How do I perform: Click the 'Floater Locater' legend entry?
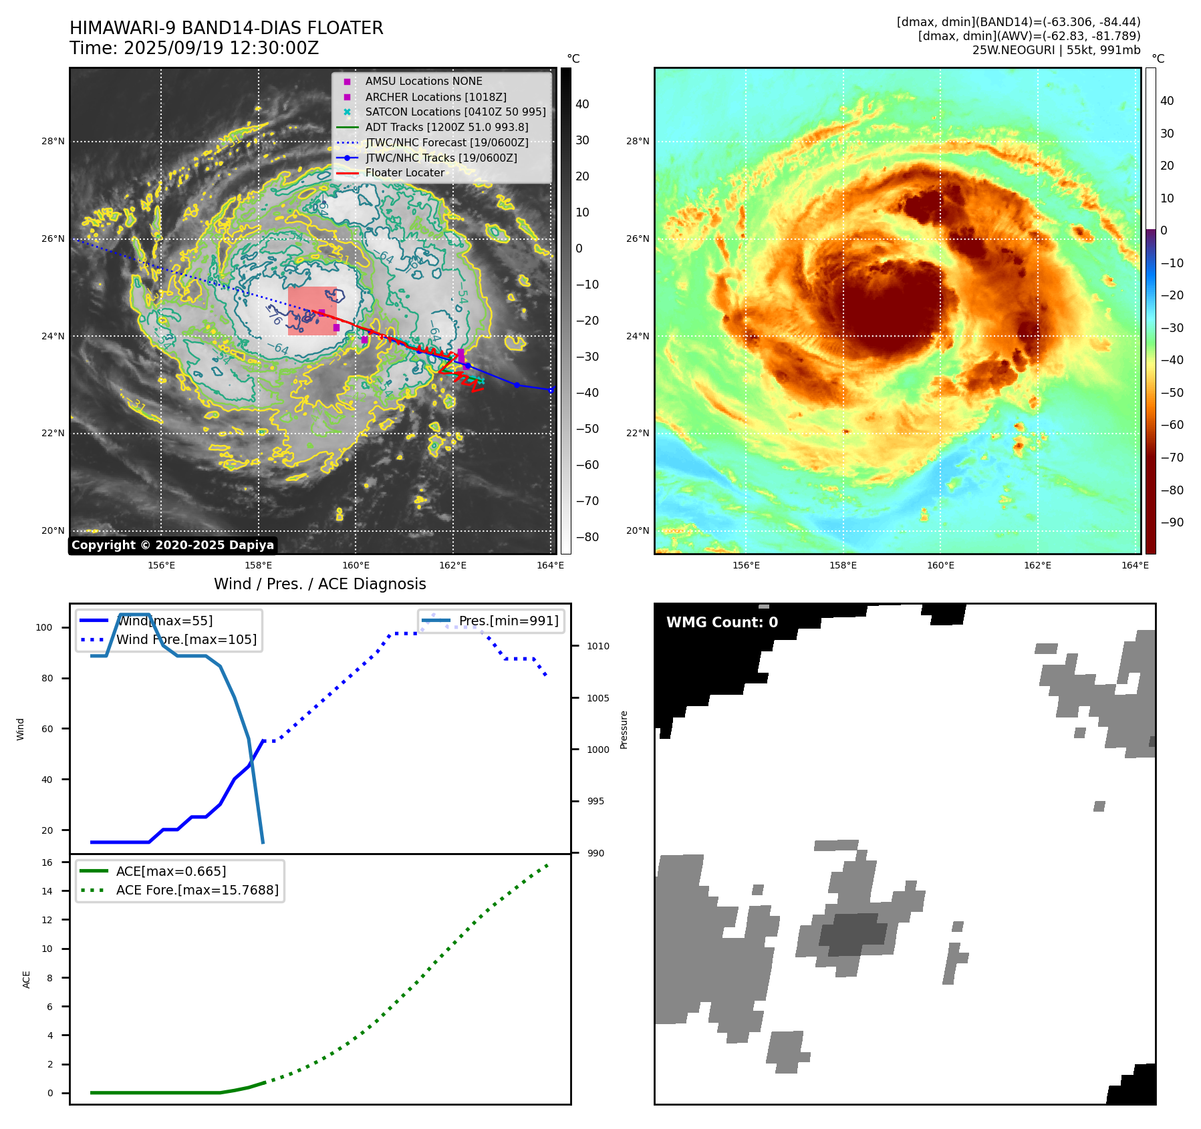tap(404, 173)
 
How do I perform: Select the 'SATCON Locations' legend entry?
tap(455, 112)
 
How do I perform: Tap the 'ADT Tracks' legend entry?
tap(446, 127)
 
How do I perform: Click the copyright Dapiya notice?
tap(172, 545)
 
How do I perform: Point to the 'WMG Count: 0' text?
tap(722, 623)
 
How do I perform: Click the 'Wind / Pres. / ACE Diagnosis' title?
tap(319, 584)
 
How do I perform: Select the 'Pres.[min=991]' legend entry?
tap(508, 621)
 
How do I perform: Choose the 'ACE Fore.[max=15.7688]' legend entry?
tap(197, 890)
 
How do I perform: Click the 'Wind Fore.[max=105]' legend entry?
tap(186, 639)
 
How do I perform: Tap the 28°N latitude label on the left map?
tap(53, 141)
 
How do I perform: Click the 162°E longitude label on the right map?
tap(1037, 566)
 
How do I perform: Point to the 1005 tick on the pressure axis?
tap(597, 698)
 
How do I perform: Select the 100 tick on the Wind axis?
tap(44, 627)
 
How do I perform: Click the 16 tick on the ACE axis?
tap(47, 862)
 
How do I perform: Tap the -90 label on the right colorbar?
tap(1172, 522)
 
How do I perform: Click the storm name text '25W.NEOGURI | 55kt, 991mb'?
tap(1056, 50)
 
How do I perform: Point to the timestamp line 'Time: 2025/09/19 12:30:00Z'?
tap(194, 49)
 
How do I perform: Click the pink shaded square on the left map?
tap(312, 311)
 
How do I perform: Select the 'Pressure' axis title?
tap(624, 730)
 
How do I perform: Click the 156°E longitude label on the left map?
tap(161, 566)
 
